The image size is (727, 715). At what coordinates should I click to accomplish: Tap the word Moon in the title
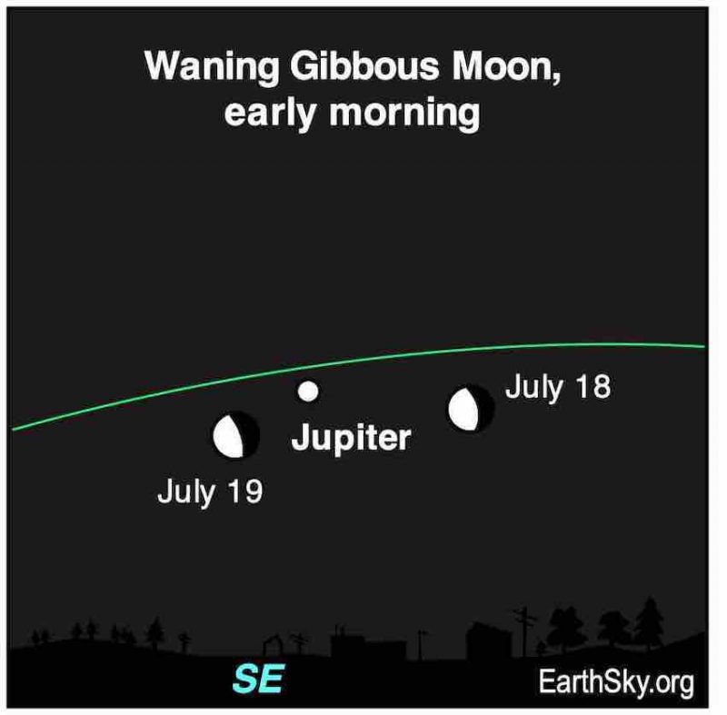coord(506,66)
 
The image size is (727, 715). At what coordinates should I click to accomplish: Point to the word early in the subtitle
coord(270,113)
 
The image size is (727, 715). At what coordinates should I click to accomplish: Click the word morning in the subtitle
coord(404,113)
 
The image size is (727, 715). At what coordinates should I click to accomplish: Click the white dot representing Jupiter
coord(308,391)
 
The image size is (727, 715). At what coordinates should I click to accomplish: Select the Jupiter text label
coord(351,438)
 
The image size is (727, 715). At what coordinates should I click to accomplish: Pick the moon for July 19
coord(235,435)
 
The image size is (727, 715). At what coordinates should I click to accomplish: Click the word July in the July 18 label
coord(534,387)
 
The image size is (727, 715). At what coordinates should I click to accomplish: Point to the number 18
coord(593,386)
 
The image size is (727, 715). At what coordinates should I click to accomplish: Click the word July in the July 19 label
coord(186,492)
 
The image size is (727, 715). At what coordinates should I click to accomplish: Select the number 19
coord(245,492)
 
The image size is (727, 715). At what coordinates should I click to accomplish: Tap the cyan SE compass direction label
coord(258,679)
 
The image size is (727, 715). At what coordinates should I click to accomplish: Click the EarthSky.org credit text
coord(616,683)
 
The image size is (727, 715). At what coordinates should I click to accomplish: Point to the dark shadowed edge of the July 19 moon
coord(251,435)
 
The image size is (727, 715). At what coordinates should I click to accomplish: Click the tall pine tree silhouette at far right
coord(649,623)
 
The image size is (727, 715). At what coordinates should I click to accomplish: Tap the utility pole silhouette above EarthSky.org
coord(524,631)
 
